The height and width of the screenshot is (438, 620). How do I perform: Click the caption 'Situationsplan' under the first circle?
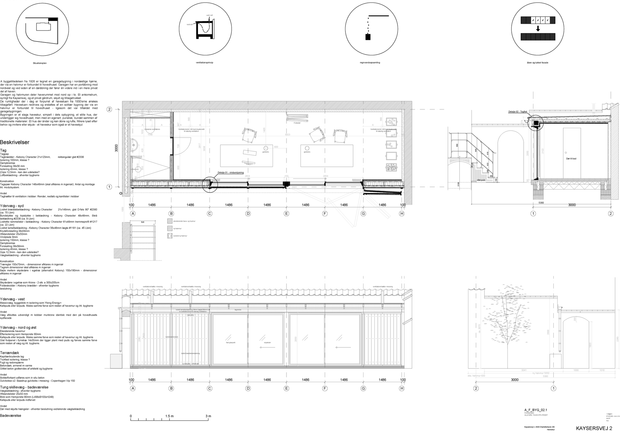tap(40, 63)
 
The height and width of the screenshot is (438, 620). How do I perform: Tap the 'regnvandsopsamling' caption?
tap(370, 63)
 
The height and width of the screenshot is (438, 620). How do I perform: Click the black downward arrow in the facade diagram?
tap(538, 29)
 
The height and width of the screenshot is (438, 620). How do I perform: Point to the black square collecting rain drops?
tap(368, 37)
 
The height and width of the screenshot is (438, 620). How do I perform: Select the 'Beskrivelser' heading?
tap(15, 142)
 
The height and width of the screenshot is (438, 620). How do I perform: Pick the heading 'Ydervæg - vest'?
tap(13, 299)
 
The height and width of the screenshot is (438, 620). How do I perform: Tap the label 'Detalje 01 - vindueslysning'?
tap(231, 173)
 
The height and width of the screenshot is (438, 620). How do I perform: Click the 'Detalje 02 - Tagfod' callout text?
tap(518, 111)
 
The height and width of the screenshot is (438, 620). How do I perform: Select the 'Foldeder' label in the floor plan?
tap(297, 123)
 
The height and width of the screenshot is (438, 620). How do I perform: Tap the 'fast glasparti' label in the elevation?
tap(231, 342)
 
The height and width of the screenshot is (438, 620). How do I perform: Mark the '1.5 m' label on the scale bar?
tap(169, 416)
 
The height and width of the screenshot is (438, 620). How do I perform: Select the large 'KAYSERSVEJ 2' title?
tap(594, 428)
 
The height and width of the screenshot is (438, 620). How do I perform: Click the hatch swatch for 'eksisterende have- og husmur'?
tap(170, 221)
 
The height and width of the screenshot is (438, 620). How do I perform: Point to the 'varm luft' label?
tap(210, 15)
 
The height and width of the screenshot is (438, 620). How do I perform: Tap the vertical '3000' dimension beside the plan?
tap(116, 148)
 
